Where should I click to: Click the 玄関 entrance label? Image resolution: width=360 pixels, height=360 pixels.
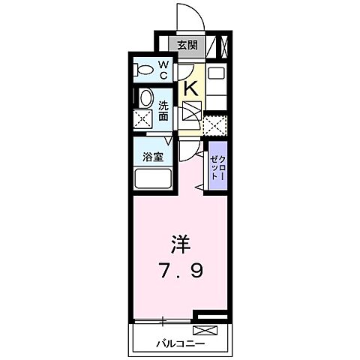coord(187,45)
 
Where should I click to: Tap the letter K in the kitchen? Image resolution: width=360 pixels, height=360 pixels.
coord(191,88)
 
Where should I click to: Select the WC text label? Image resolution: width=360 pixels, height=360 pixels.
coord(163,70)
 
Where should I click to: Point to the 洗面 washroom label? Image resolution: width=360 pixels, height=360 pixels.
coord(163,111)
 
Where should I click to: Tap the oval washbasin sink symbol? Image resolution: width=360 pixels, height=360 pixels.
coord(145,97)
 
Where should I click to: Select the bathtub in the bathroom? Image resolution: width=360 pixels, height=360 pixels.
coord(152,179)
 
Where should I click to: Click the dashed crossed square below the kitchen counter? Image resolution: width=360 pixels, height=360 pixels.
coord(215,124)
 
